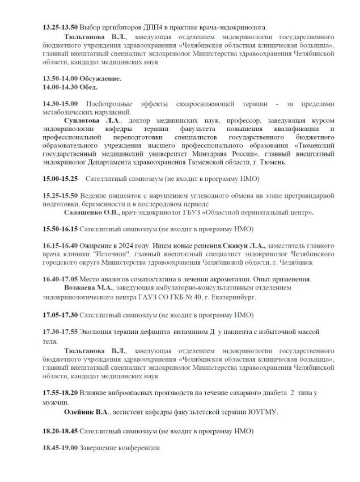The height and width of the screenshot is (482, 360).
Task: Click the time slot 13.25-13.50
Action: point(60,27)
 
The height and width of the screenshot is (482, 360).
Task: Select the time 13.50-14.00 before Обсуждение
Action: point(61,78)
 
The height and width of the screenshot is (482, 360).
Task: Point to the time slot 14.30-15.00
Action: point(61,104)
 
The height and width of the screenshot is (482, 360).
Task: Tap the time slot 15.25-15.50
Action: point(60,196)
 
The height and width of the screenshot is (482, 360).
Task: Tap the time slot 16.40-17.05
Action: point(60,280)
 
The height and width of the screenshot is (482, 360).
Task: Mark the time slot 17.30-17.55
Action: point(60,331)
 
